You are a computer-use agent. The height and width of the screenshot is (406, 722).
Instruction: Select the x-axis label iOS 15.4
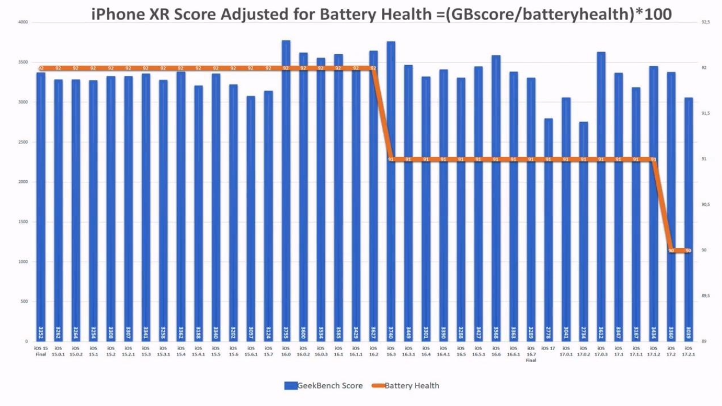(x=181, y=351)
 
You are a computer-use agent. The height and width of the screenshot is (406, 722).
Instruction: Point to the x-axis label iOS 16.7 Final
(x=531, y=354)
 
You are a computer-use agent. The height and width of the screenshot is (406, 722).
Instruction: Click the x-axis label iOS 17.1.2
(x=654, y=351)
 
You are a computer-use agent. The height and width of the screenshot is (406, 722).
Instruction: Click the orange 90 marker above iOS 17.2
(x=671, y=251)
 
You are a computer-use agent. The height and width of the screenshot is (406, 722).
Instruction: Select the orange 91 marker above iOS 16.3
(x=391, y=160)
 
